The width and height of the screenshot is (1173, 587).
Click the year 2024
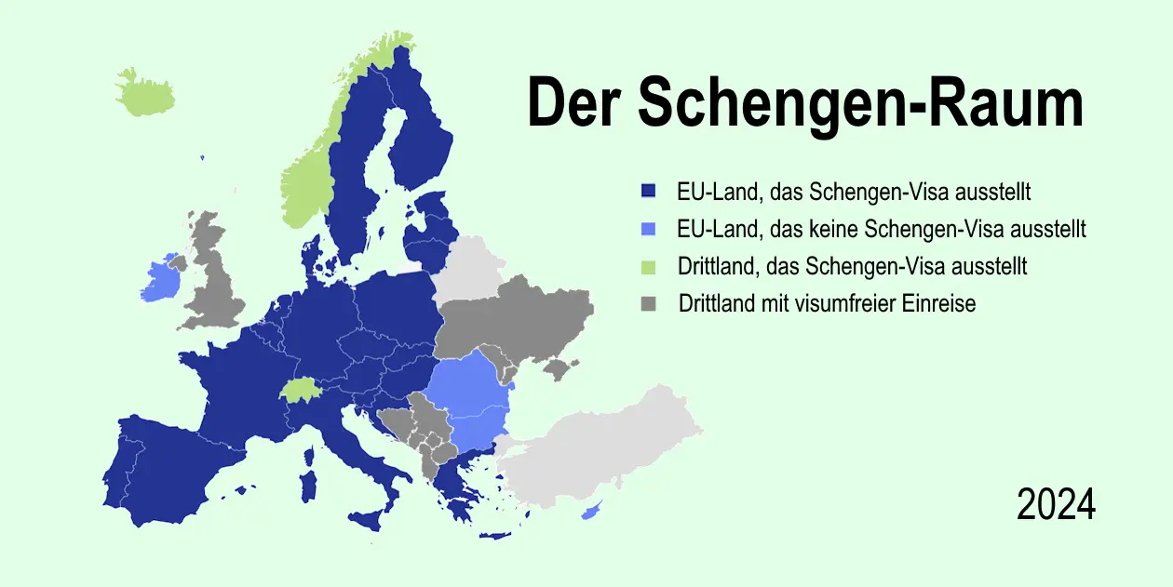[x=1056, y=505]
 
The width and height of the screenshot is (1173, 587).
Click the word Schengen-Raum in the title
[x=861, y=103]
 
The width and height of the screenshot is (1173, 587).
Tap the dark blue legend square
[x=649, y=192]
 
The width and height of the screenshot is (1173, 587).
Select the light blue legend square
[x=649, y=229]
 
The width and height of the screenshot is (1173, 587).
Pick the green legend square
[x=649, y=267]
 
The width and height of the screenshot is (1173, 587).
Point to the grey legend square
[x=649, y=304]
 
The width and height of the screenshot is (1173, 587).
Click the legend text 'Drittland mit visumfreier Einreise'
[x=828, y=303]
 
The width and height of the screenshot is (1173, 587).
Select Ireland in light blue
[x=160, y=280]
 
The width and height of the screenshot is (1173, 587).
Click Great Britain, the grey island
[x=216, y=279]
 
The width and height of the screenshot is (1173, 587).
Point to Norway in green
[x=307, y=186]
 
